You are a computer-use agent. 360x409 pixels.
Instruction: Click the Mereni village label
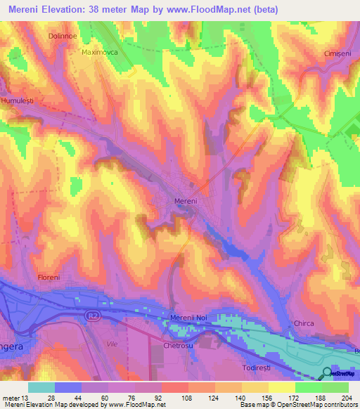[x=186, y=200]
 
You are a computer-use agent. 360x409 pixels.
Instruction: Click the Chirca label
[x=303, y=323]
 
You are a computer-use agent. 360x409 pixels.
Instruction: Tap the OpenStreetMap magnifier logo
[x=327, y=374]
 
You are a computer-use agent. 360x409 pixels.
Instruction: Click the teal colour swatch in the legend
[x=41, y=387]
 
